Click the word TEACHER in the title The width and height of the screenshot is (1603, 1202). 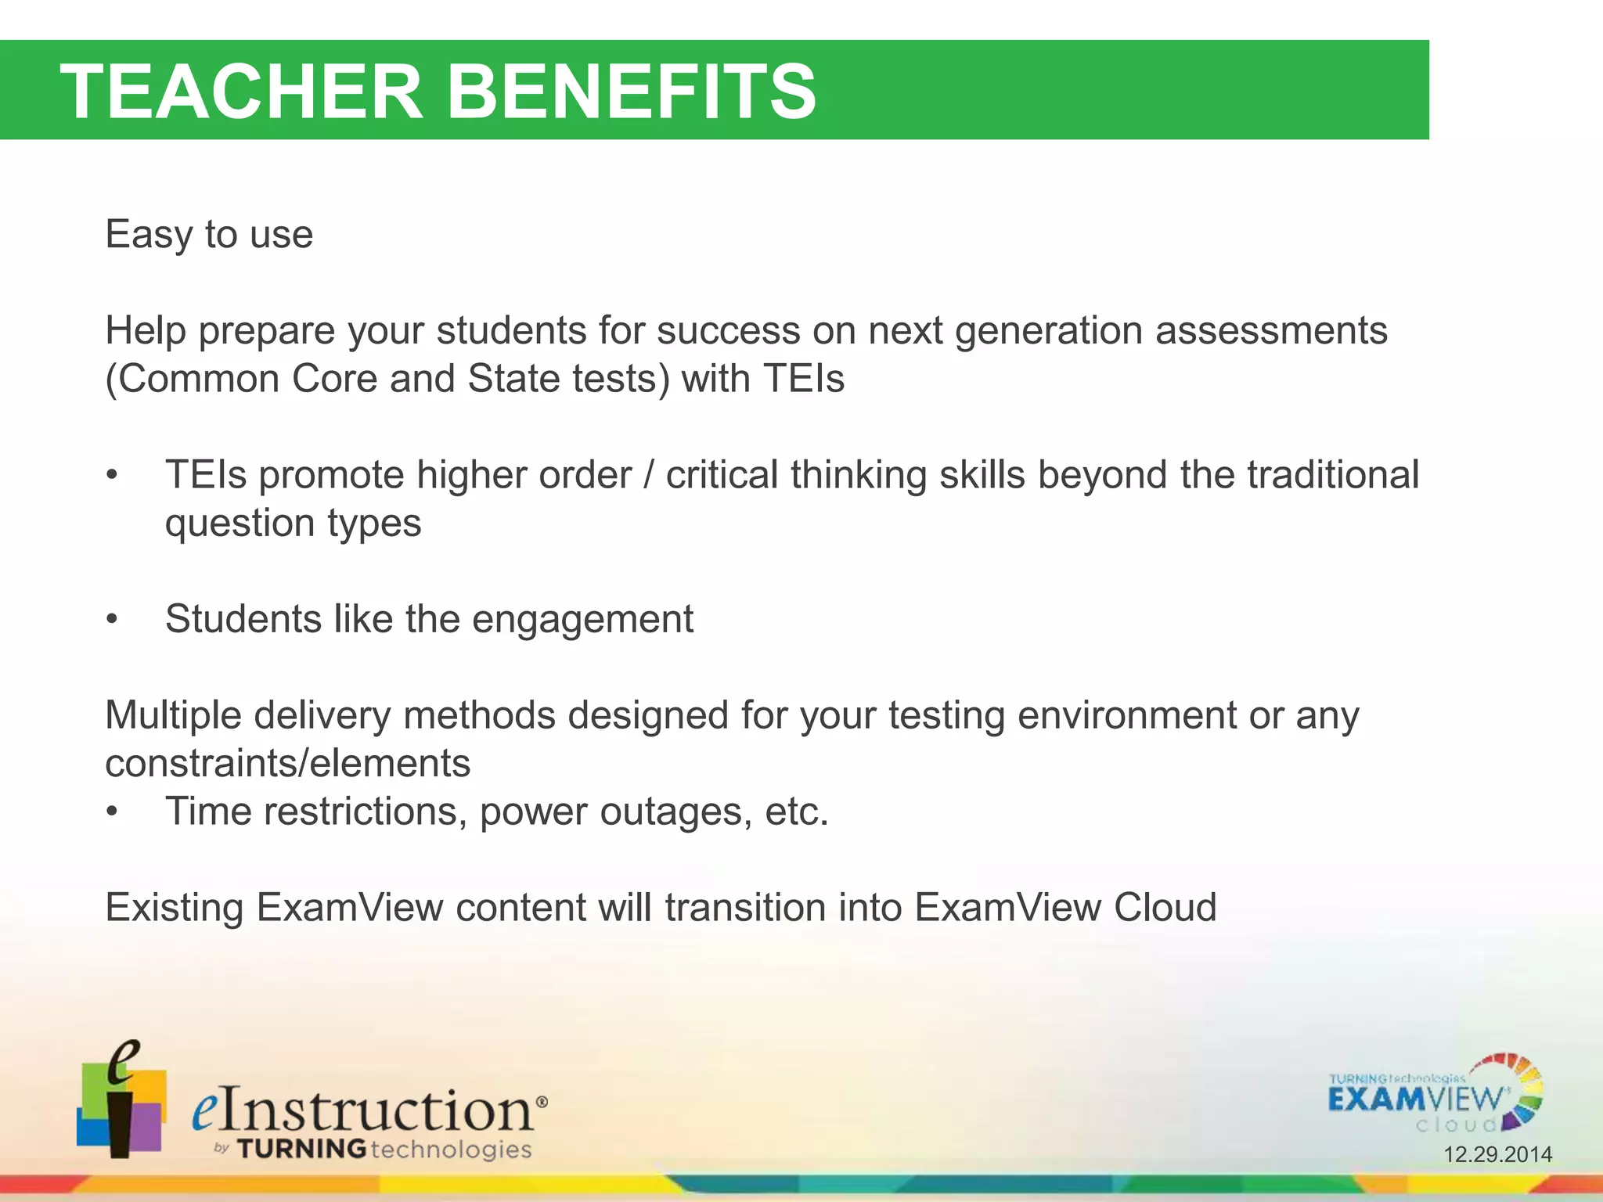241,92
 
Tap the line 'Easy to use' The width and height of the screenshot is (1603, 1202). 209,235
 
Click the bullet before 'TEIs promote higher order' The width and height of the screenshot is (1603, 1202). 113,476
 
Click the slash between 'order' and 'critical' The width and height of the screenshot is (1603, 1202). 648,475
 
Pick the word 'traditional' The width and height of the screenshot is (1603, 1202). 1332,475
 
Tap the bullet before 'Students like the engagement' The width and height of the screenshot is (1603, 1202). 113,620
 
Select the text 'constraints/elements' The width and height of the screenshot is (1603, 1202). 287,764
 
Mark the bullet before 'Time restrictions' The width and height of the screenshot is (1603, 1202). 113,812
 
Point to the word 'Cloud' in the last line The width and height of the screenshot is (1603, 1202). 1165,908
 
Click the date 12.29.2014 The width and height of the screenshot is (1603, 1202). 1497,1154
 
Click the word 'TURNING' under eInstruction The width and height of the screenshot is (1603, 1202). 301,1150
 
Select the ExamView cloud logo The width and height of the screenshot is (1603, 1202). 1434,1095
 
